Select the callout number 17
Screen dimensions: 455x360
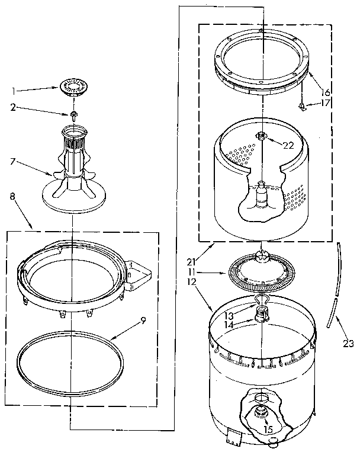324,102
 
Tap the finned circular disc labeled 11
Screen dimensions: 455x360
261,272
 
